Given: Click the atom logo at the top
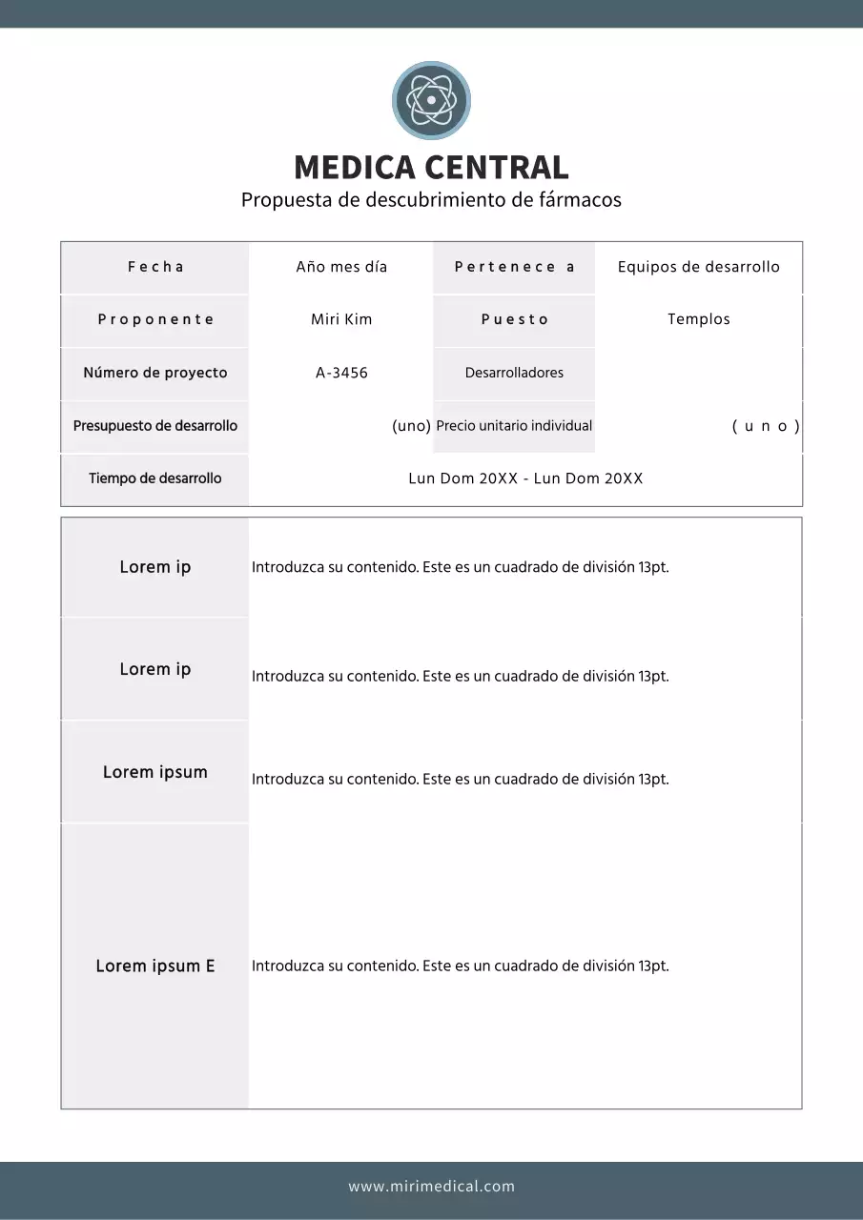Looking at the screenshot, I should (431, 100).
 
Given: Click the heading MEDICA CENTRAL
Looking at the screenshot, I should (431, 168).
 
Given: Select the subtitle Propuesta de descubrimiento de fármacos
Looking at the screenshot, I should (431, 200).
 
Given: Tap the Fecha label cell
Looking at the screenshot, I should (155, 267).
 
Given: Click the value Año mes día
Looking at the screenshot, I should (341, 267).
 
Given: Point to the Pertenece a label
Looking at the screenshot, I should (514, 267).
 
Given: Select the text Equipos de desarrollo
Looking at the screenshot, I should (698, 267).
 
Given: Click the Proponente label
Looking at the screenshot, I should (155, 319).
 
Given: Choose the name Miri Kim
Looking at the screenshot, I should (341, 319).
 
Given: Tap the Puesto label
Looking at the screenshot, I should (514, 319).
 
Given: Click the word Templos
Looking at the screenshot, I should (698, 319).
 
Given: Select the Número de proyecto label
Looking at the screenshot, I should (155, 373).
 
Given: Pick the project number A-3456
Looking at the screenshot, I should (341, 373).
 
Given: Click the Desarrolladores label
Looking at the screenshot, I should (514, 373).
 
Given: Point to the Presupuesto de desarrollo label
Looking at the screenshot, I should (155, 426).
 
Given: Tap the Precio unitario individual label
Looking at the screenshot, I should (514, 426).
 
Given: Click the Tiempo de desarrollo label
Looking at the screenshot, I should (155, 478).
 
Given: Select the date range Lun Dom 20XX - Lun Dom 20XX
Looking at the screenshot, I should (525, 478).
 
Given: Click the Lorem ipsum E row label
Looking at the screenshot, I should (155, 966).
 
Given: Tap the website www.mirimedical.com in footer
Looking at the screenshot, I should (431, 1187).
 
